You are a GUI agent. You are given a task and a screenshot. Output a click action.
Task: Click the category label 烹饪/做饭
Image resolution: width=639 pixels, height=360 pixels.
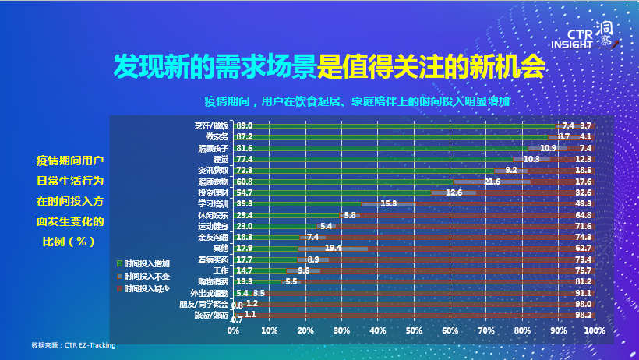[x=212, y=125]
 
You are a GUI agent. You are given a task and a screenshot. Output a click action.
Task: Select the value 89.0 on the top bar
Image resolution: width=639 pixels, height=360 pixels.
[x=245, y=125]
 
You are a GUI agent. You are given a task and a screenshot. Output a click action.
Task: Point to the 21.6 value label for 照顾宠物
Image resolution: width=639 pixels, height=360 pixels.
[x=492, y=182]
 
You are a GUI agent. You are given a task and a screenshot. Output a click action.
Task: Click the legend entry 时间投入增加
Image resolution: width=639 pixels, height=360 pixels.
[x=145, y=264]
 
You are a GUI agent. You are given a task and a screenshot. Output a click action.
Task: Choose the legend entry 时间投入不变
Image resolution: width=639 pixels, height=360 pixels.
[x=145, y=276]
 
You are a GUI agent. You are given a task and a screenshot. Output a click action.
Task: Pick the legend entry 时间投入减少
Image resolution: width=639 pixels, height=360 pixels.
[x=145, y=288]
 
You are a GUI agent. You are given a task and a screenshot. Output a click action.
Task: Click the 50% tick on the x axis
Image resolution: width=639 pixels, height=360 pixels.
[x=413, y=330]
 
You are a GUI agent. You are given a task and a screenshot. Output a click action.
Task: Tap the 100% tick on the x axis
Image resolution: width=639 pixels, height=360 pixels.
[x=593, y=330]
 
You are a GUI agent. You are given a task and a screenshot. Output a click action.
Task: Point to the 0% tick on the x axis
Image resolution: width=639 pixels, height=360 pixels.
[x=233, y=330]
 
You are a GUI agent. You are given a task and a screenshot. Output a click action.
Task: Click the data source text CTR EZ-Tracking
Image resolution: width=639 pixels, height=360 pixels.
[x=73, y=344]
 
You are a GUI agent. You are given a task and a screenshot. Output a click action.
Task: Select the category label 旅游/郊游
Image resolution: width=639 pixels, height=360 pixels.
[x=212, y=316]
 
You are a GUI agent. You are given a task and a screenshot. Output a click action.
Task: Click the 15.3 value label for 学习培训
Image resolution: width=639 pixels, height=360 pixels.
[x=390, y=204]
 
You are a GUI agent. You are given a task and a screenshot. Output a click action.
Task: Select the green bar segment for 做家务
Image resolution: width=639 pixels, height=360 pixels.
[x=390, y=136]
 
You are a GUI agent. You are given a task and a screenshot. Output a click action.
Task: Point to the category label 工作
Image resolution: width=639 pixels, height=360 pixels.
[x=221, y=270]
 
